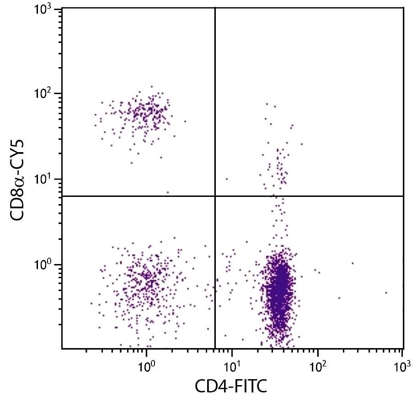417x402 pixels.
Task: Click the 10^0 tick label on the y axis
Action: tap(45, 265)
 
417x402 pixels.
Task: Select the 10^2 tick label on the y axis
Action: tap(45, 94)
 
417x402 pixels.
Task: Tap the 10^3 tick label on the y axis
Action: tap(45, 10)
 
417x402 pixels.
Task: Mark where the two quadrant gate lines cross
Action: tap(215, 196)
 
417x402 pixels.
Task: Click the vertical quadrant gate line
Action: tap(215, 114)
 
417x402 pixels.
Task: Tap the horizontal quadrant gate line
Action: tap(311, 196)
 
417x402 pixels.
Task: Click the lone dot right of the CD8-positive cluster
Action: tap(185, 122)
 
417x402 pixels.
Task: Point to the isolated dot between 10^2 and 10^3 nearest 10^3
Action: tap(386, 292)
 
